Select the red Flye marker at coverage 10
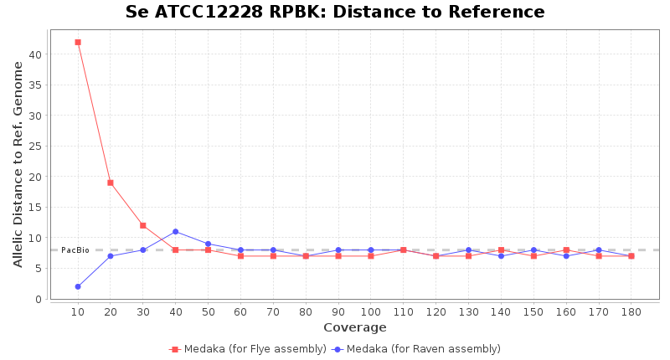(78, 42)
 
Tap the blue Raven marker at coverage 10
(78, 286)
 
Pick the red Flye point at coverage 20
(111, 183)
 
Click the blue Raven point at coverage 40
(175, 231)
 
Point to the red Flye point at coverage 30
(143, 225)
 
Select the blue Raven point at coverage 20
(111, 256)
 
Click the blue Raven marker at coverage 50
(208, 244)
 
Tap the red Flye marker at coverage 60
(240, 256)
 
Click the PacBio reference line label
(75, 250)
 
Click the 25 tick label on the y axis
(36, 147)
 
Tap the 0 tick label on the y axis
(39, 299)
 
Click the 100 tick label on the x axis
(370, 312)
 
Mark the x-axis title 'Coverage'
(354, 327)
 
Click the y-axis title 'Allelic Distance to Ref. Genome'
(18, 164)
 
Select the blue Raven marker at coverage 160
(566, 256)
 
